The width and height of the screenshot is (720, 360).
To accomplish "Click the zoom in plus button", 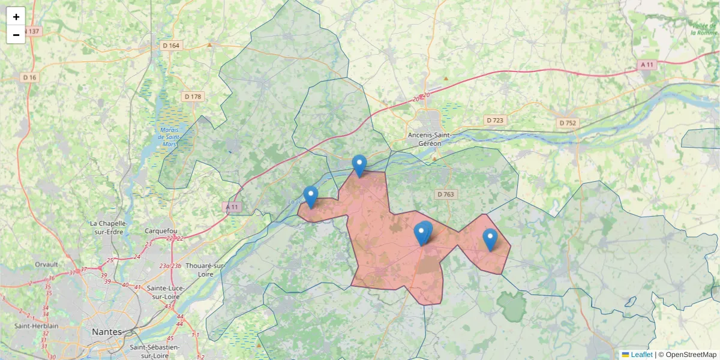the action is coord(16,17).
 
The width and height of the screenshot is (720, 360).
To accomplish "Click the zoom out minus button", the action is coord(16,35).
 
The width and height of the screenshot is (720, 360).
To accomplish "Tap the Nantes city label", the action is coord(106,332).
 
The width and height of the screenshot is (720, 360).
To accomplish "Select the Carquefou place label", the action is coord(161,230).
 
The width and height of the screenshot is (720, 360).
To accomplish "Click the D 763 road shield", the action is coord(446,194).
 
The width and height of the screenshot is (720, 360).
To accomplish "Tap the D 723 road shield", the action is coord(495,120).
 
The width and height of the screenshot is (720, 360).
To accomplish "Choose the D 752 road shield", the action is coord(567,122).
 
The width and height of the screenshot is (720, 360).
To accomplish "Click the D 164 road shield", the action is coord(171,46).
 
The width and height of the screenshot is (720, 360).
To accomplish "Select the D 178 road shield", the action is coord(193,96).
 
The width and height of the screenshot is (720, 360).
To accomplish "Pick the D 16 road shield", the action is coord(30,77).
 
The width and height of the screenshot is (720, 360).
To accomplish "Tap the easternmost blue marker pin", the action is coord(490,239).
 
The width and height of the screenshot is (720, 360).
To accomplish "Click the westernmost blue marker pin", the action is coord(310,196).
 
